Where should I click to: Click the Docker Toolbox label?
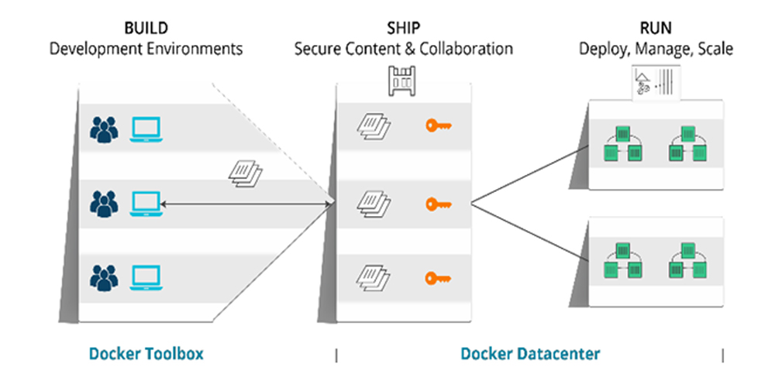[x=146, y=354]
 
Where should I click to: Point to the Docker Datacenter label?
[x=530, y=354]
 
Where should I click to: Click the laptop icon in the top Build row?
[x=146, y=129]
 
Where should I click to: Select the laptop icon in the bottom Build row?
[x=146, y=276]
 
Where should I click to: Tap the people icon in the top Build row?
[x=104, y=129]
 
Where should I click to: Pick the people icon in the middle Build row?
[x=104, y=204]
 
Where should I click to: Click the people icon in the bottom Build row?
[x=104, y=276]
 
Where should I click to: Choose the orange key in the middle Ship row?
[x=438, y=204]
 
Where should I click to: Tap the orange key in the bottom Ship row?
[x=438, y=276]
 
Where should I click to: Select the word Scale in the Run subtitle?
[x=715, y=49]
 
